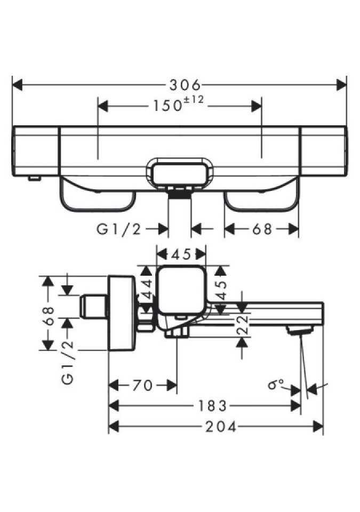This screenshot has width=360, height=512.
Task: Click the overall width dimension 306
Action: coord(185,85)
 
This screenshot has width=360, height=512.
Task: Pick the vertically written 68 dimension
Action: coord(49,315)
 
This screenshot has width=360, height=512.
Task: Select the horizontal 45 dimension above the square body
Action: coord(181,254)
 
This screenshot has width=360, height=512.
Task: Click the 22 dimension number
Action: coord(242,324)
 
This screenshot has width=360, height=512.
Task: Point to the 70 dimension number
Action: coord(142,385)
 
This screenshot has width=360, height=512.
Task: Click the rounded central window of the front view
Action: coord(180,172)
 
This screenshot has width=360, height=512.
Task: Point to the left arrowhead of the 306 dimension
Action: coord(17,85)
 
